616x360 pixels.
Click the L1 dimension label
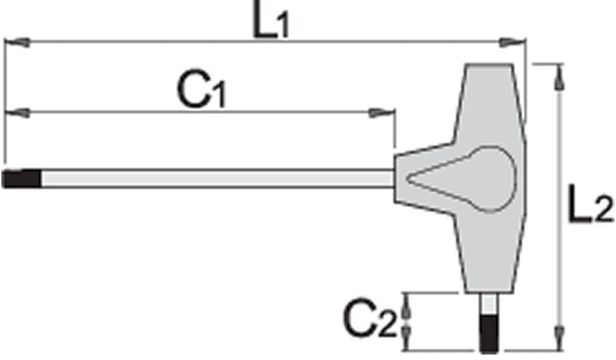[271, 20]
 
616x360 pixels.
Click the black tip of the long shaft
[22, 179]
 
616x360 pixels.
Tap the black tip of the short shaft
[489, 333]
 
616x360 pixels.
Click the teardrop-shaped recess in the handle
[461, 179]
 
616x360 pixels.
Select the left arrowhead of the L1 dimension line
[17, 42]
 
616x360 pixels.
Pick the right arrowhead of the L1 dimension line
[512, 42]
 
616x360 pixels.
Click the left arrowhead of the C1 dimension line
[17, 113]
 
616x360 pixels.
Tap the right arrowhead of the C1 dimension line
[381, 113]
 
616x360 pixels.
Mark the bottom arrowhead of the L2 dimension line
[559, 337]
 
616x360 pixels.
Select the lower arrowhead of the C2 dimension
[407, 337]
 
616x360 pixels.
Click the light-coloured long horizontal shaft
[218, 179]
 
